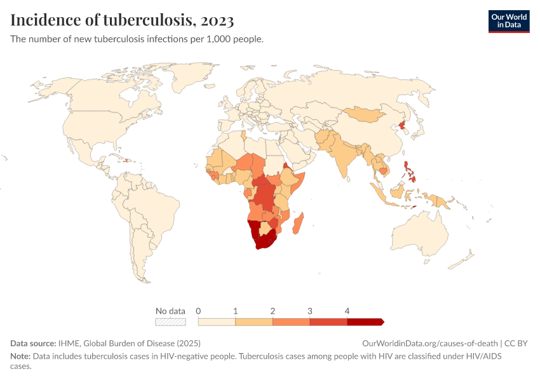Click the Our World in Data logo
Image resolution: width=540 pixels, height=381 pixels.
pos(509,22)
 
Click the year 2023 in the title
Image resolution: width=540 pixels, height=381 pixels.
pos(217,20)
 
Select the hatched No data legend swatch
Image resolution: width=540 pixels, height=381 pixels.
pos(170,322)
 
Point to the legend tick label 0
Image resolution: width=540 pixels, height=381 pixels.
pos(198,311)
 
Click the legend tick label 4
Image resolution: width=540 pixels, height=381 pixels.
pos(347,311)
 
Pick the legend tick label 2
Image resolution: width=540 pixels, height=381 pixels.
pos(273,311)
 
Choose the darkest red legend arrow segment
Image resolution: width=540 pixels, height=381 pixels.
pos(365,322)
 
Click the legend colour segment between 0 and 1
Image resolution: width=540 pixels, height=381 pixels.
pos(217,322)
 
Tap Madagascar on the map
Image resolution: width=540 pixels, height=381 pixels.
pos(298,224)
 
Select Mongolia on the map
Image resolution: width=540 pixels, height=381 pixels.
pos(363,114)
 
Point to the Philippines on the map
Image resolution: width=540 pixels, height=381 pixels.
pos(410,172)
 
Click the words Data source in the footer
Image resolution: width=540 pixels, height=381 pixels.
pos(33,343)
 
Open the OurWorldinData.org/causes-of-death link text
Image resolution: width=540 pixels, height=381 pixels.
pos(430,343)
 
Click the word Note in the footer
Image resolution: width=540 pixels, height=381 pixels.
pos(20,356)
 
